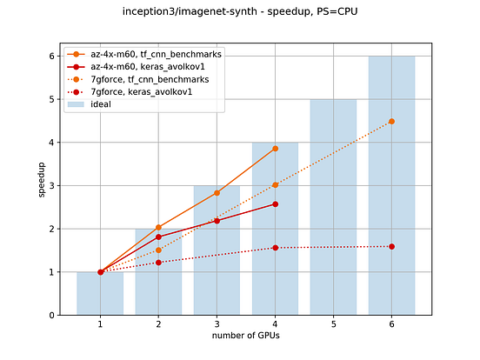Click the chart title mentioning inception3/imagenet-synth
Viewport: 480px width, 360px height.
(x=239, y=11)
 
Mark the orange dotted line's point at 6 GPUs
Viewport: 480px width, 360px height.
(x=391, y=121)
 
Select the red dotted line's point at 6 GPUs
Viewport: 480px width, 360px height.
(x=391, y=246)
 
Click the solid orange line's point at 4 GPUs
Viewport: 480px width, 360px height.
(x=275, y=149)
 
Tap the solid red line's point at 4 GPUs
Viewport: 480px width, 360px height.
(x=275, y=203)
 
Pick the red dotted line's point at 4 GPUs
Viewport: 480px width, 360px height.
(x=275, y=248)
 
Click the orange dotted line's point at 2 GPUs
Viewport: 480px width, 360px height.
(x=158, y=250)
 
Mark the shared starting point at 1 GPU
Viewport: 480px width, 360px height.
(x=100, y=272)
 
